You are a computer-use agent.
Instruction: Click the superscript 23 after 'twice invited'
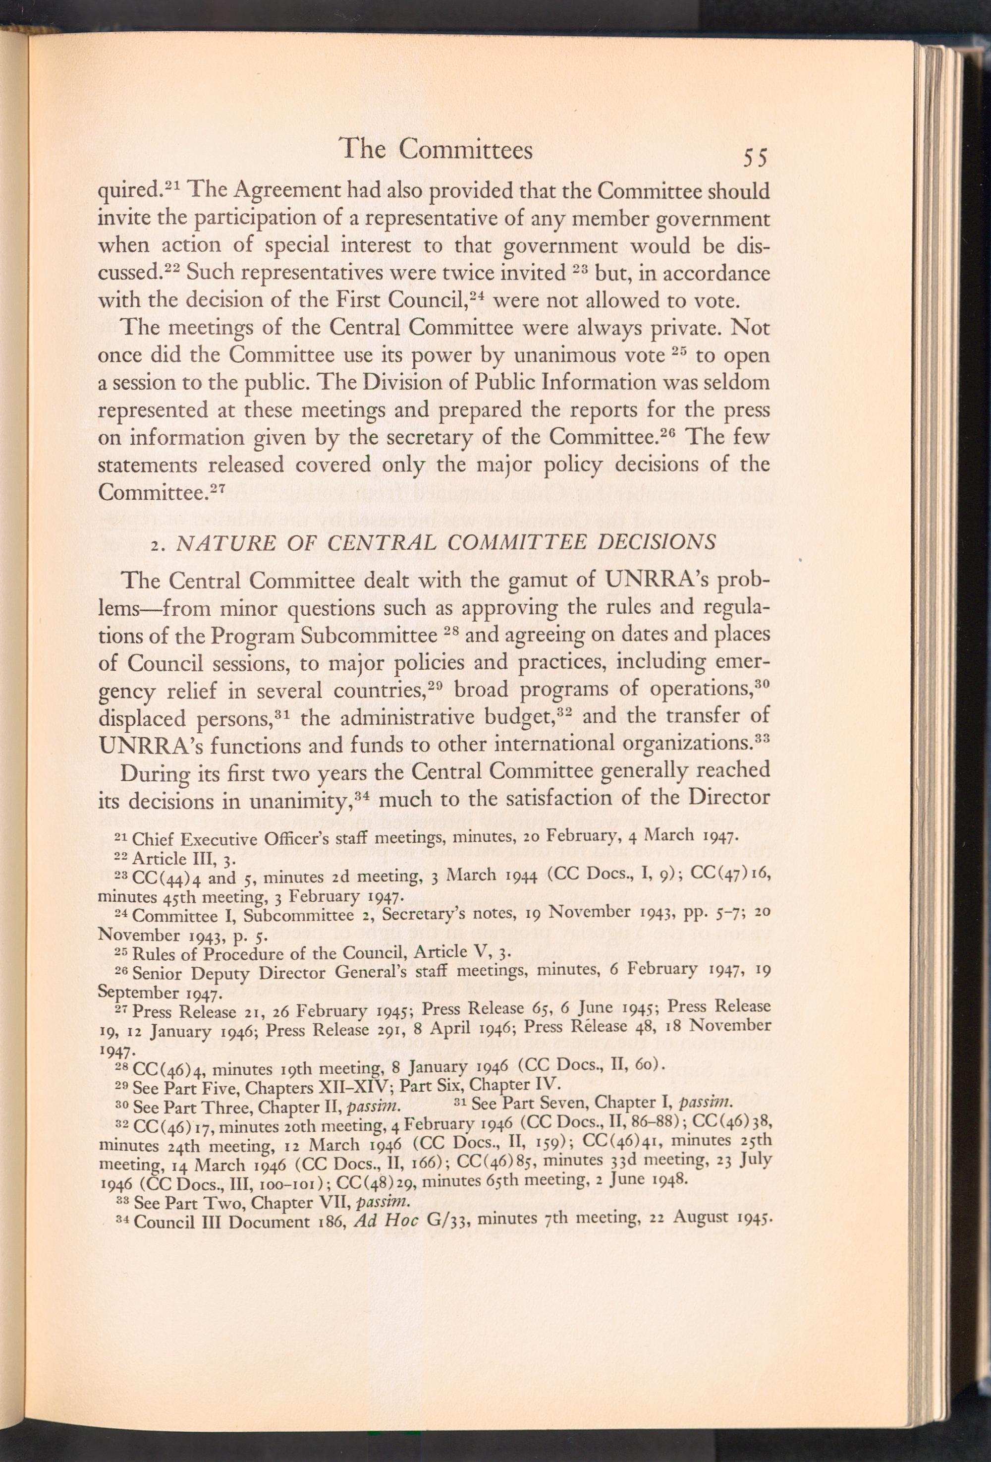coord(580,270)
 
